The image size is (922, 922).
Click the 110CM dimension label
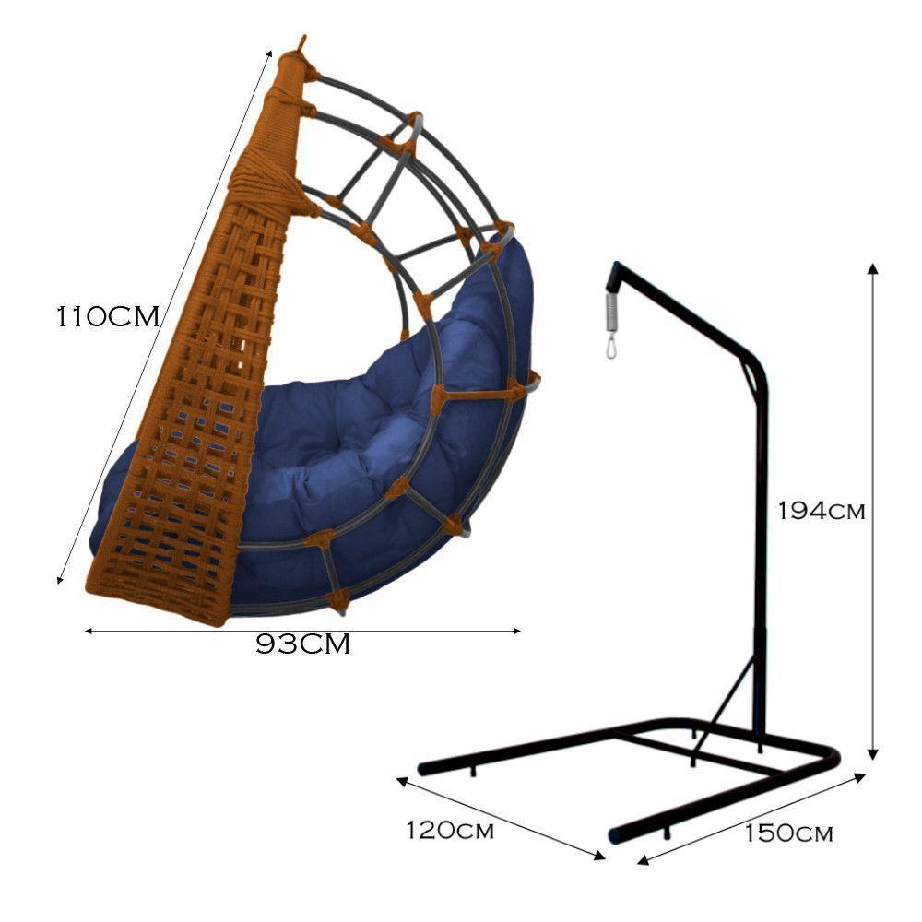108,317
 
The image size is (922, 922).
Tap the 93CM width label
302,644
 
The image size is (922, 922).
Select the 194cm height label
822,511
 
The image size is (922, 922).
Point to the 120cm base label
450,831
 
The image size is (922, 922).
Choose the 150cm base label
788,833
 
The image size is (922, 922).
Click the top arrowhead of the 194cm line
873,268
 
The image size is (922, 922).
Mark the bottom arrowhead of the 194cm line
873,754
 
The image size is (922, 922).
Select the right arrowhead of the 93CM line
517,631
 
